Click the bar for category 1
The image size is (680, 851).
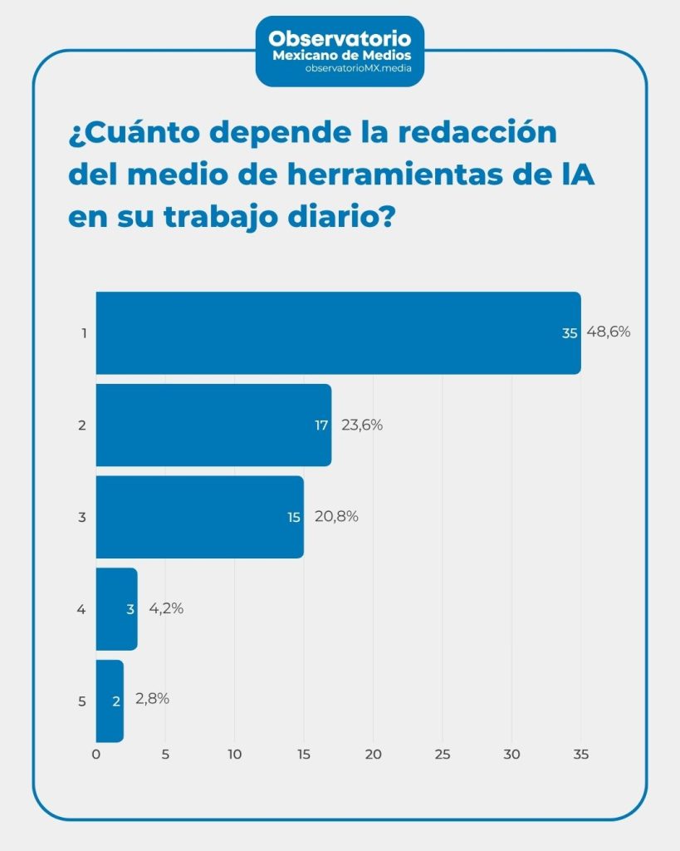tap(332, 332)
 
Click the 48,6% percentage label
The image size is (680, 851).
tap(609, 332)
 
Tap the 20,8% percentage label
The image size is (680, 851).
tap(335, 516)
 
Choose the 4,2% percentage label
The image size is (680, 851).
tap(166, 608)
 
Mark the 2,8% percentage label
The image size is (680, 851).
tap(152, 699)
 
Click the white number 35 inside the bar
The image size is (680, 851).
tap(569, 333)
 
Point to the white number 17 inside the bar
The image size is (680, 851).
tap(321, 425)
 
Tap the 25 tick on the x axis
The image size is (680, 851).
tap(442, 755)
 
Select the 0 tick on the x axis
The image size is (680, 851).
tap(96, 755)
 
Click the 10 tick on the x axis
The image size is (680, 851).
tap(234, 755)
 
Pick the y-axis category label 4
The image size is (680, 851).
tap(81, 609)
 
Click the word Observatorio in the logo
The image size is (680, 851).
tap(340, 38)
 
